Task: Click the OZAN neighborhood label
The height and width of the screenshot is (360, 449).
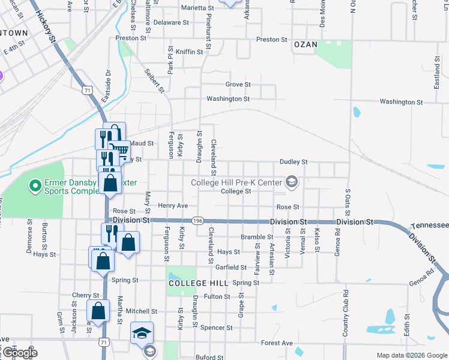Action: click(x=304, y=44)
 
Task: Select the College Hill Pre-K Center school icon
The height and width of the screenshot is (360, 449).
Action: click(x=292, y=181)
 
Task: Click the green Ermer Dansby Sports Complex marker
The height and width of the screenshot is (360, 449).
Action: click(x=34, y=188)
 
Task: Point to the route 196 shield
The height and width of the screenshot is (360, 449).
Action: click(x=197, y=221)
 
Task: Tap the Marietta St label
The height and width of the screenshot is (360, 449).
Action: click(x=199, y=8)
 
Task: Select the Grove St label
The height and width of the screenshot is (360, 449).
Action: click(x=238, y=85)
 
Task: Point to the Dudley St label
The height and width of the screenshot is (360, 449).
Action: click(x=294, y=162)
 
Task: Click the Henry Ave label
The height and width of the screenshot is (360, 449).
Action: click(x=173, y=206)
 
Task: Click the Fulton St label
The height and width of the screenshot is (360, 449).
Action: click(x=217, y=296)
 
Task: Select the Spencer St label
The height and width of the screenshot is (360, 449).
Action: click(x=216, y=328)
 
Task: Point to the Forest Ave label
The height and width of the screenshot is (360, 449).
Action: click(x=277, y=343)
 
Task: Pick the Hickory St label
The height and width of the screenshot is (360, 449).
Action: click(x=46, y=25)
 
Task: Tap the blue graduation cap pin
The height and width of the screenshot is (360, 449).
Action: click(x=142, y=334)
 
